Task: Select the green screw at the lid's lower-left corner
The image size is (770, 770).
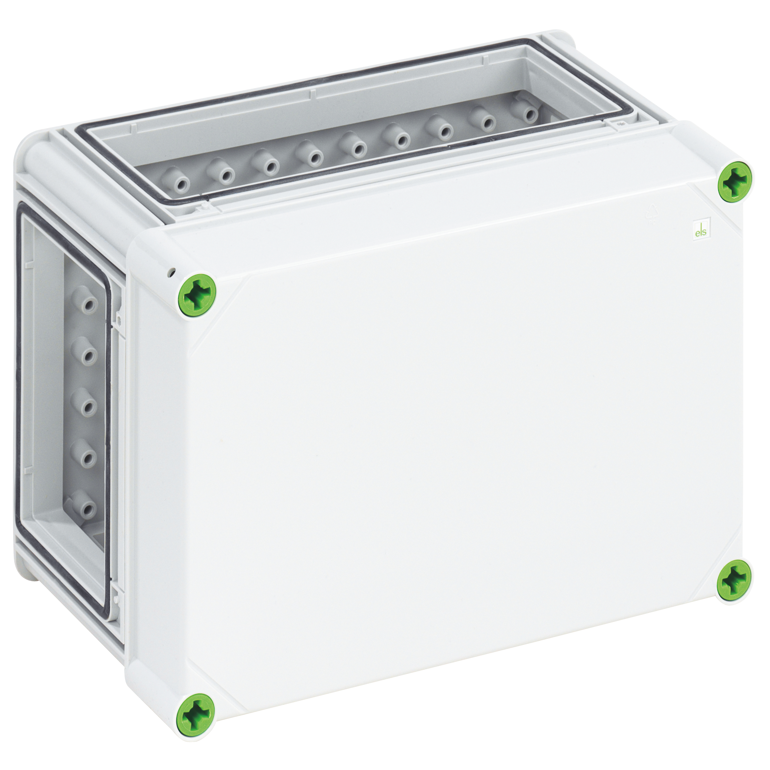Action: click(195, 723)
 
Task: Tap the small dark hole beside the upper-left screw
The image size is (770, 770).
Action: click(172, 273)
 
